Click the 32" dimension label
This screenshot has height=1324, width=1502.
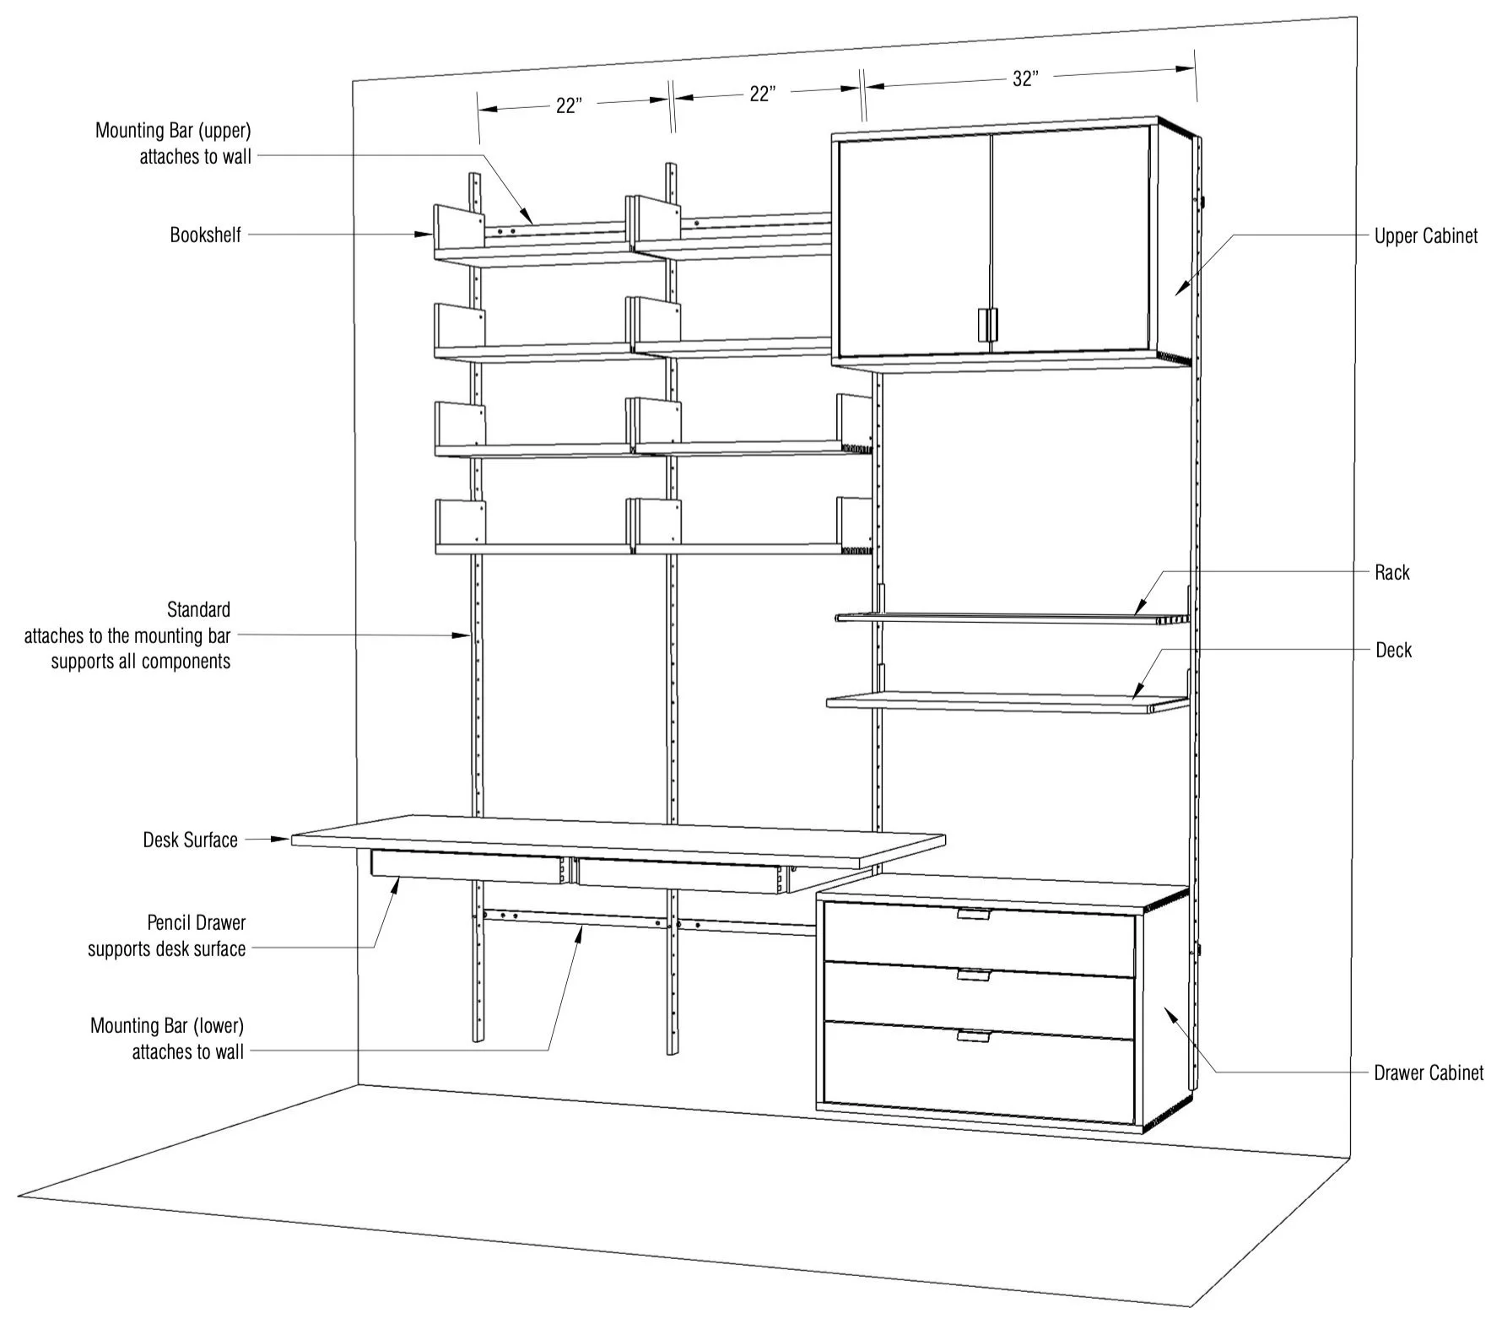click(x=1024, y=79)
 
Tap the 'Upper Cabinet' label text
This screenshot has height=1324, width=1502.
click(x=1425, y=236)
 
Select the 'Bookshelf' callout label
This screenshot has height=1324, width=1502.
click(x=205, y=235)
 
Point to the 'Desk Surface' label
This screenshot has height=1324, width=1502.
click(x=190, y=840)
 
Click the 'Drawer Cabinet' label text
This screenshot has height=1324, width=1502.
click(x=1428, y=1073)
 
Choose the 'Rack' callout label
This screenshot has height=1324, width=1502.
click(x=1391, y=573)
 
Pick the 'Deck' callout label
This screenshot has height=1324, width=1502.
click(x=1393, y=650)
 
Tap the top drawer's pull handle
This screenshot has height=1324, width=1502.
click(x=973, y=914)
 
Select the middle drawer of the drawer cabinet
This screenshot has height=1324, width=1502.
click(x=978, y=1000)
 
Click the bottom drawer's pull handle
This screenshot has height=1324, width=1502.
click(x=973, y=1036)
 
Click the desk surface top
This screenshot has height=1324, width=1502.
click(x=616, y=839)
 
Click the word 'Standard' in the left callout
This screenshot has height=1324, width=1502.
click(x=198, y=609)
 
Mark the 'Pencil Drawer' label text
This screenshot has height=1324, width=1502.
click(x=197, y=923)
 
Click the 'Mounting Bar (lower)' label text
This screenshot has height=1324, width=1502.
click(x=167, y=1026)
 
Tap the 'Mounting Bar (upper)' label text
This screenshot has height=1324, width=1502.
click(x=173, y=131)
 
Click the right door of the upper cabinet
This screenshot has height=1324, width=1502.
click(x=1070, y=240)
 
